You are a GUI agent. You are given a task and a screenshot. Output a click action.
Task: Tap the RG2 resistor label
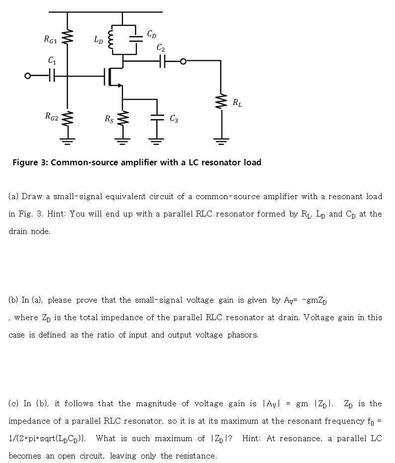(x=51, y=117)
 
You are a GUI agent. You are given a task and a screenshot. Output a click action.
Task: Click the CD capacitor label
(x=152, y=34)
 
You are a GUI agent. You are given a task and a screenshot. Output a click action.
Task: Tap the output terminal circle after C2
(x=184, y=61)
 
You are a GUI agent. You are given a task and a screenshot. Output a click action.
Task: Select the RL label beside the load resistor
(x=237, y=103)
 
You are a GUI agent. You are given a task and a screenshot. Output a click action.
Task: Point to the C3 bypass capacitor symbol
(x=157, y=117)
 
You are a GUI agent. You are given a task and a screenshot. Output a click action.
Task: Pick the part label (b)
(x=14, y=300)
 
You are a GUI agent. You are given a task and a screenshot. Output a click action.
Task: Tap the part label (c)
(x=14, y=403)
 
